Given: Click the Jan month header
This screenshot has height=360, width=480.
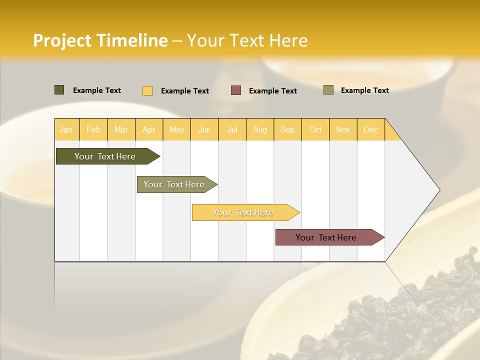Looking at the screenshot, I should [66, 129].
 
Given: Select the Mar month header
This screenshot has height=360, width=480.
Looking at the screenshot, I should [121, 129].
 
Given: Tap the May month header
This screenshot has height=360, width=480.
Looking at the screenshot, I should [176, 129].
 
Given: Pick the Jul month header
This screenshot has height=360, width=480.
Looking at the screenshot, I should [232, 129].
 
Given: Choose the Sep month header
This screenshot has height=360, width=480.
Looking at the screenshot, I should [287, 129].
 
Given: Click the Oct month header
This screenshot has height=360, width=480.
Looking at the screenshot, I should [315, 129].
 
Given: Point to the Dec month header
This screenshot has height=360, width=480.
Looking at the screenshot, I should [370, 129].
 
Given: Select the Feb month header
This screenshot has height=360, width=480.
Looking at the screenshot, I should [93, 129].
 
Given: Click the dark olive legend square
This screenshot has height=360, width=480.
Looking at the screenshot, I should [59, 90].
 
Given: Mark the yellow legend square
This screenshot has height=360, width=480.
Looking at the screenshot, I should [147, 90].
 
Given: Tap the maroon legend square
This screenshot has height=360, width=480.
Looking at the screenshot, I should [236, 90].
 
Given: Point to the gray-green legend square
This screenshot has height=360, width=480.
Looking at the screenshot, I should [328, 90].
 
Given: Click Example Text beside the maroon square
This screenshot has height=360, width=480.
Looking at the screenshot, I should [272, 91].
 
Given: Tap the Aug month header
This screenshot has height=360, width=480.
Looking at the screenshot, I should [259, 129].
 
